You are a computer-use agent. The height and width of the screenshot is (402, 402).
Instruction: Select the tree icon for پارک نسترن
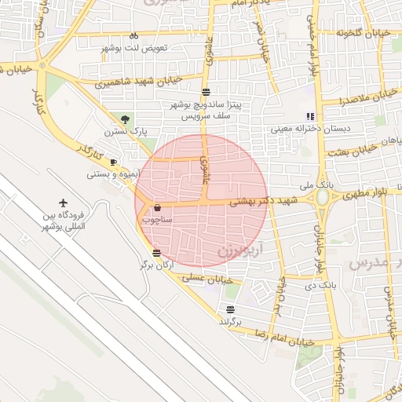pyautogui.click(x=126, y=119)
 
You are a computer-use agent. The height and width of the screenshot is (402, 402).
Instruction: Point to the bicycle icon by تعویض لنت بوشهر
pyautogui.click(x=133, y=35)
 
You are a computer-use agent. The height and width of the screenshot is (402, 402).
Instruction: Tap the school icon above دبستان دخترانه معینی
pyautogui.click(x=309, y=115)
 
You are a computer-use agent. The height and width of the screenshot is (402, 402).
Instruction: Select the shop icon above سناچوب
pyautogui.click(x=158, y=208)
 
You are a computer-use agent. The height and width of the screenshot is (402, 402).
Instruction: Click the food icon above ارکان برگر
pyautogui.click(x=157, y=253)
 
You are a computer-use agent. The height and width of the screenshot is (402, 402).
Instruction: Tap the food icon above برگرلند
pyautogui.click(x=230, y=309)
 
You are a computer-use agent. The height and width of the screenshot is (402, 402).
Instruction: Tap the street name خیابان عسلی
pyautogui.click(x=208, y=278)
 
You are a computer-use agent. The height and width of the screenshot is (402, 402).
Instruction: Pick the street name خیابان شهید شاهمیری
pyautogui.click(x=138, y=81)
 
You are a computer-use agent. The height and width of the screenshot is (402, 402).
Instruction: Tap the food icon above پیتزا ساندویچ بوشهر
pyautogui.click(x=206, y=92)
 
